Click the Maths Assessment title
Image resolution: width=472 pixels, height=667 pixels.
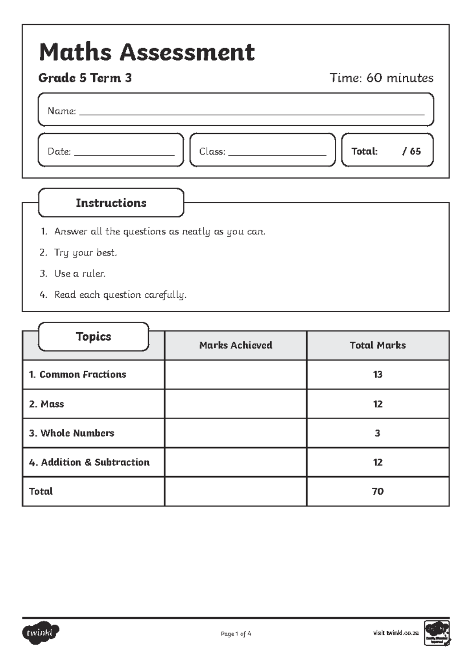pos(147,52)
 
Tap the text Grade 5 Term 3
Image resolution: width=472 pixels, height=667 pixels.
pos(85,78)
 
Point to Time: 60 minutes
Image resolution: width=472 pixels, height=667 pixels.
pos(381,78)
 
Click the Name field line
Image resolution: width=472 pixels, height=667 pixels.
pos(252,113)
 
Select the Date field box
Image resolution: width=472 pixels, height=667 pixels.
pos(111,150)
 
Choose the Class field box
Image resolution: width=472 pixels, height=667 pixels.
pos(262,150)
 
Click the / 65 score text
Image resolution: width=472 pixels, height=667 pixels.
pos(411,151)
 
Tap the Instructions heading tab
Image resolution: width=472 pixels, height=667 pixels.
pos(111,203)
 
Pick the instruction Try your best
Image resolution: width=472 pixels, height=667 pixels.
pos(85,252)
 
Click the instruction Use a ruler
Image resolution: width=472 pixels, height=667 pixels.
pos(80,274)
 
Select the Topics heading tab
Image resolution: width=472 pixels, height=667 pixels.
pos(93,337)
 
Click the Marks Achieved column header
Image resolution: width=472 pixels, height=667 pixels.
pos(235,345)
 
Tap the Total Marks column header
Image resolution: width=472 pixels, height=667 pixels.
pos(378,345)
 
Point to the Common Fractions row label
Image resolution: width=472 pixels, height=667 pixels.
pos(77,374)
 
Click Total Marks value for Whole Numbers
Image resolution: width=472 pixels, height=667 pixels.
pos(378,433)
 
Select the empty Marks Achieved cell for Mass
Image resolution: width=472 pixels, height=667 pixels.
pos(235,404)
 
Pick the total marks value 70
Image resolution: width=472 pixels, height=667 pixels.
pos(378,491)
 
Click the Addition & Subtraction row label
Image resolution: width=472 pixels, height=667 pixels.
pos(89,462)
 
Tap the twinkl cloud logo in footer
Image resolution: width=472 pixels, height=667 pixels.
pos(41,633)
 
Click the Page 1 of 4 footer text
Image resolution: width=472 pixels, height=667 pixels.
pos(236,634)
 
